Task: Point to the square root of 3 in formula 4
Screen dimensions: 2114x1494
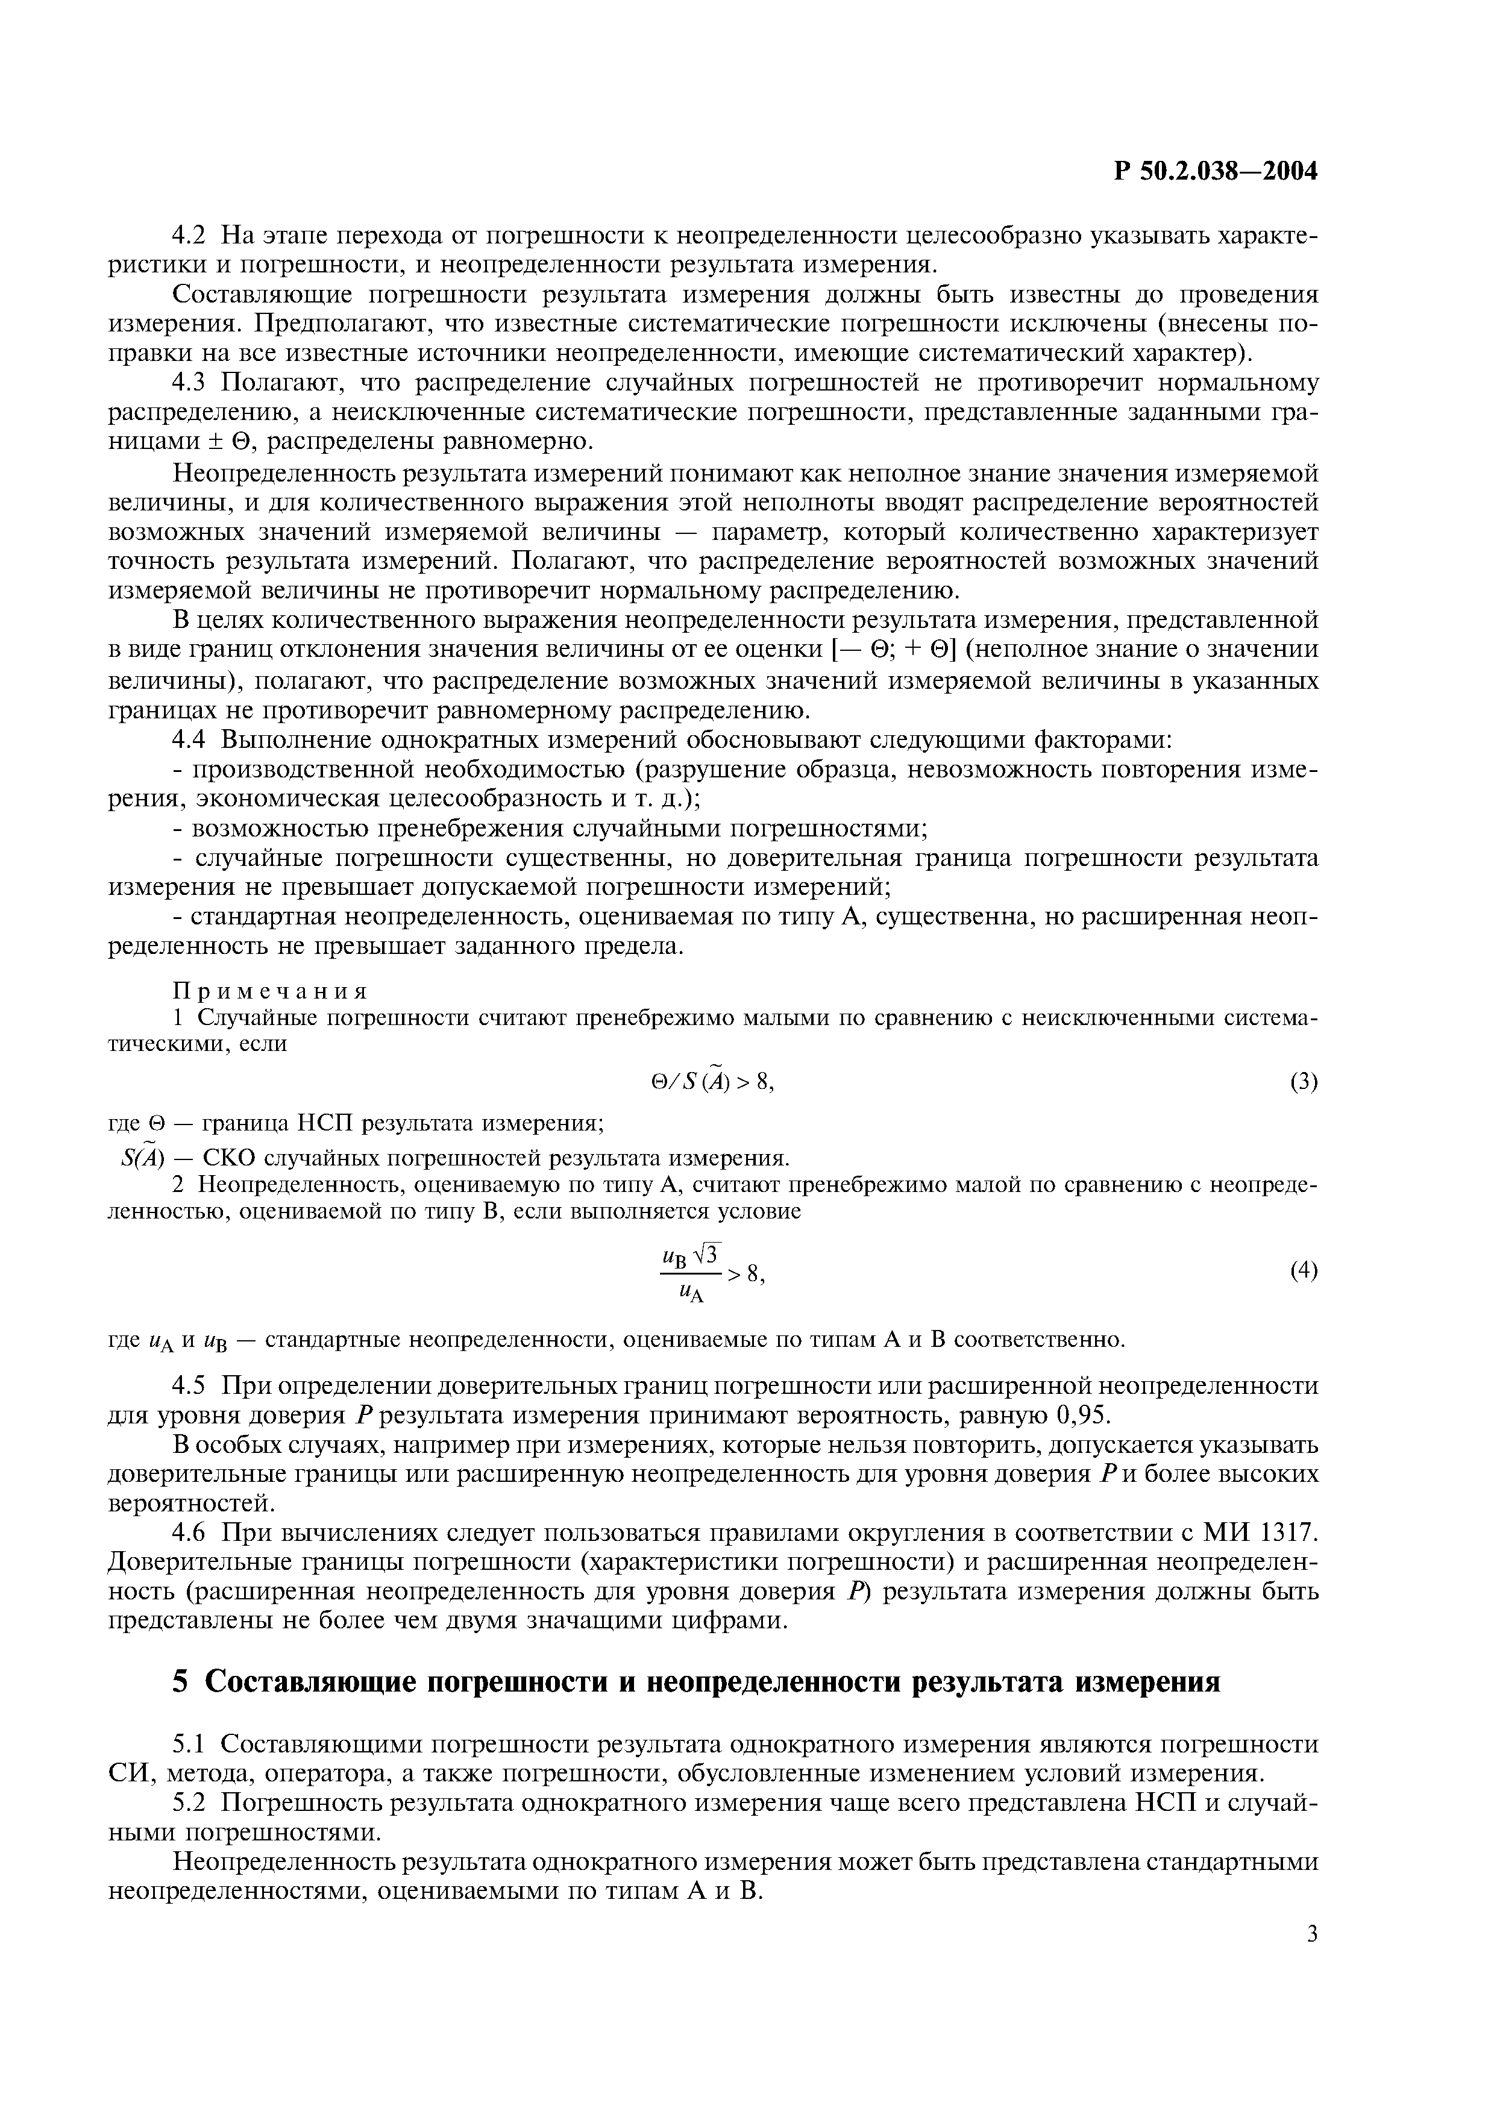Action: [x=708, y=1253]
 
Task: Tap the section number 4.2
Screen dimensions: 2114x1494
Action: [x=189, y=236]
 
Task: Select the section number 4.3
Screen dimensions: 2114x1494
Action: [x=189, y=382]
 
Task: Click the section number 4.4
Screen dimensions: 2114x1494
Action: [x=189, y=740]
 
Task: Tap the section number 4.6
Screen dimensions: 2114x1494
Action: [x=189, y=1532]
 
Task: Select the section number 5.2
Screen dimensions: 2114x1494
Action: [x=189, y=1803]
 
